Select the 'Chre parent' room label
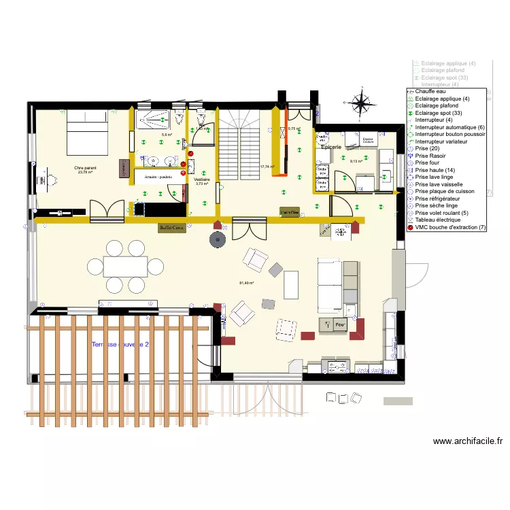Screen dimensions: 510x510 [x=85, y=167]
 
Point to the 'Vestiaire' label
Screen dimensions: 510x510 [x=201, y=180]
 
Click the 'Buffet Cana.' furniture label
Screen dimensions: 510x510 [x=172, y=227]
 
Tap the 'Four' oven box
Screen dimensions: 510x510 [x=340, y=326]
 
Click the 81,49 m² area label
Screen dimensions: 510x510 [x=246, y=283]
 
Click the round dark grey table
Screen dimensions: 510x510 [x=218, y=239]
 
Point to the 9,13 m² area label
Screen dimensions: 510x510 [x=356, y=161]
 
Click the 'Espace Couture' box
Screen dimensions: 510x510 [x=369, y=139]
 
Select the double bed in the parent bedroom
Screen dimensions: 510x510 [x=86, y=131]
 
